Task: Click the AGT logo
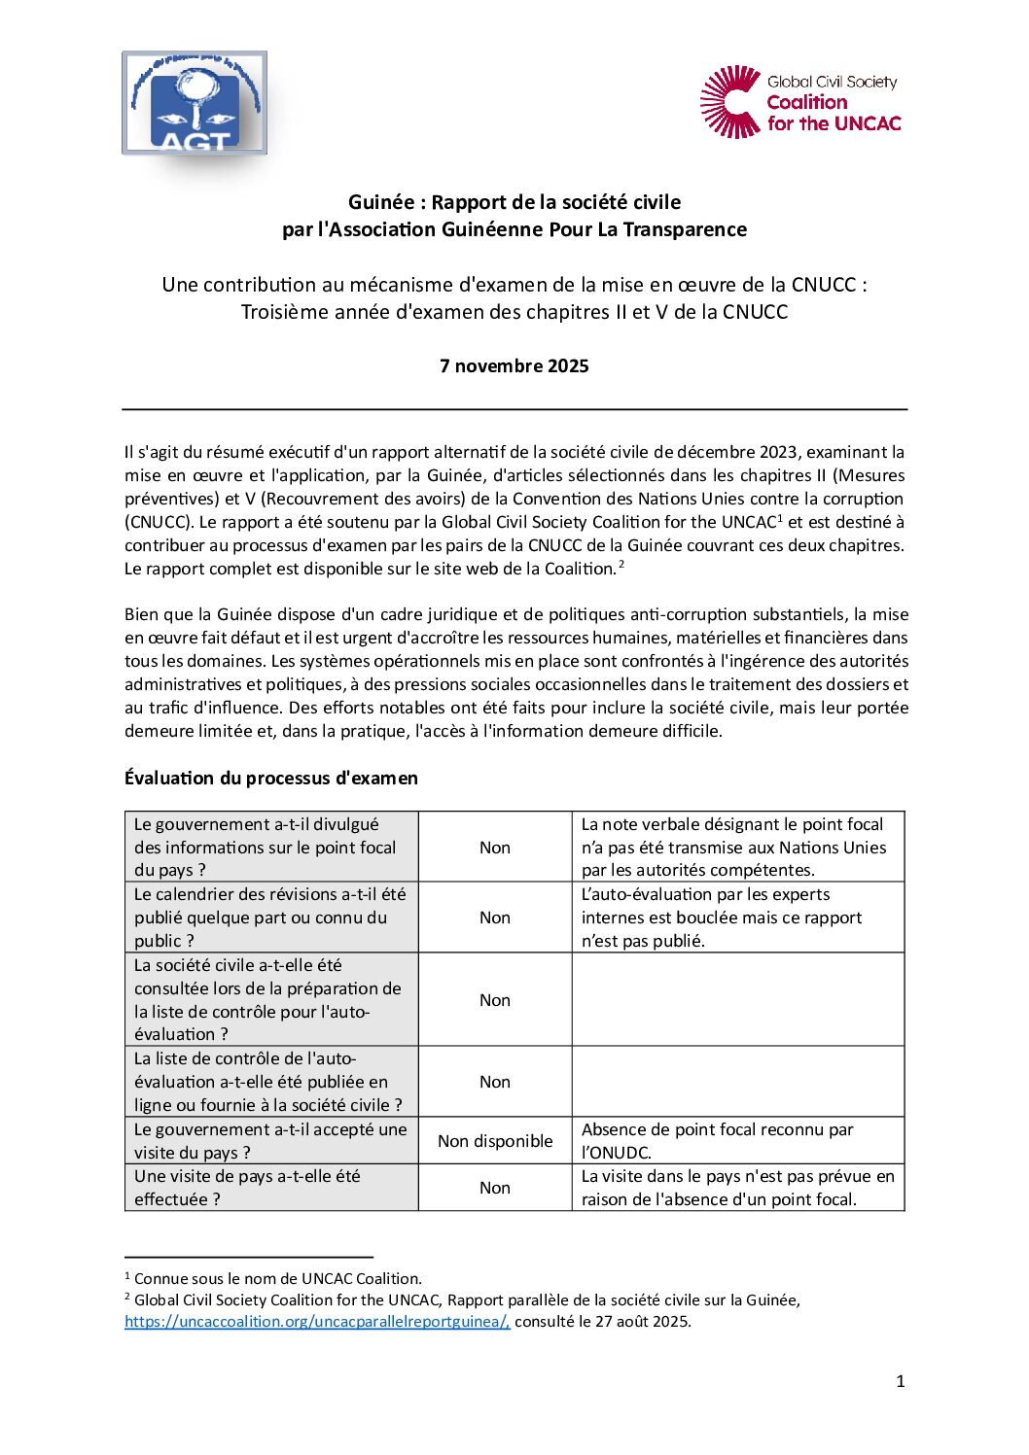pyautogui.click(x=195, y=103)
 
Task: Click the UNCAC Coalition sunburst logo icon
pyautogui.click(x=730, y=102)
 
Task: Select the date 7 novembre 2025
pyautogui.click(x=514, y=366)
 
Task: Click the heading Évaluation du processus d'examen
pyautogui.click(x=271, y=778)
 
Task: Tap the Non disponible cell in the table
pyautogui.click(x=495, y=1141)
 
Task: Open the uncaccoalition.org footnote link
pyautogui.click(x=317, y=1322)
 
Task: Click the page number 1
pyautogui.click(x=900, y=1381)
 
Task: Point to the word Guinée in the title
pyautogui.click(x=381, y=202)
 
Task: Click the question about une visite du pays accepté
pyautogui.click(x=270, y=1141)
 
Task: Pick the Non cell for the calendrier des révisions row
pyautogui.click(x=495, y=918)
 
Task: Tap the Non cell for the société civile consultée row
pyautogui.click(x=495, y=1000)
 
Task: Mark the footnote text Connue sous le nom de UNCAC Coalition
pyautogui.click(x=277, y=1279)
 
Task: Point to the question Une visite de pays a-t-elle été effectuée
pyautogui.click(x=247, y=1188)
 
